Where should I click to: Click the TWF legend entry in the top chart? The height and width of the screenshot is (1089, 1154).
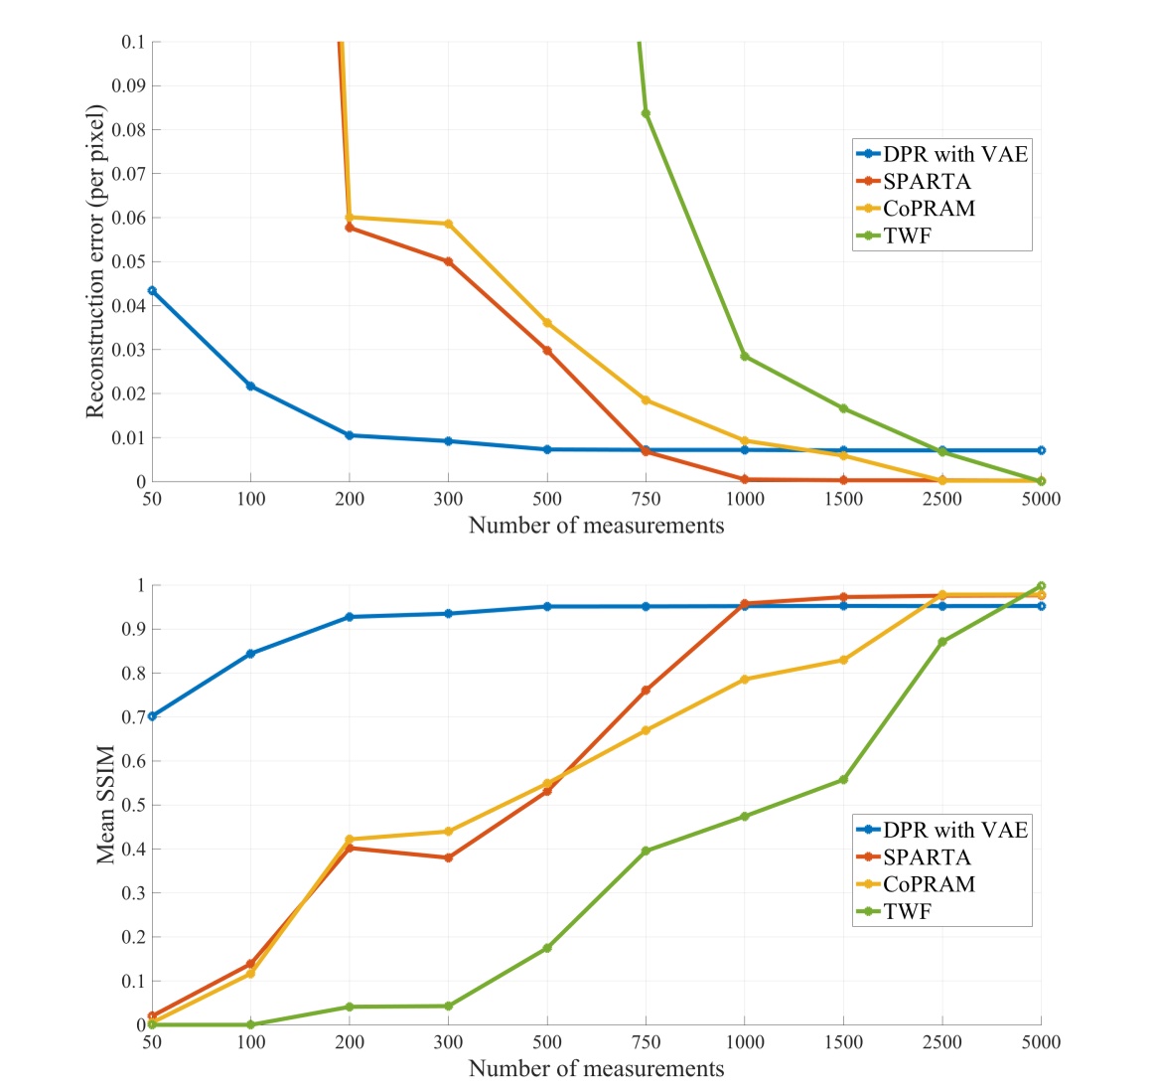click(x=907, y=235)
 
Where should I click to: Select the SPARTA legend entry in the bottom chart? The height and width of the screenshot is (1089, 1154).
click(x=926, y=856)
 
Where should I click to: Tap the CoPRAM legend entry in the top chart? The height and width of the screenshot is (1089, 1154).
click(x=929, y=209)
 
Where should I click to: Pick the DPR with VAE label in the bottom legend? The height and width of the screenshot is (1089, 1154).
click(x=954, y=830)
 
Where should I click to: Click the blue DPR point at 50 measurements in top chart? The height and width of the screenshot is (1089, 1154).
click(x=152, y=290)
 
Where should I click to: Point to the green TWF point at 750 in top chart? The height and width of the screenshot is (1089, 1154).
click(x=646, y=113)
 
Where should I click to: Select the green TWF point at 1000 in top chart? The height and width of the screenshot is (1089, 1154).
click(x=744, y=356)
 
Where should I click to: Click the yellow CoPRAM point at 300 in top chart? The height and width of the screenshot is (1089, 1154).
click(x=448, y=225)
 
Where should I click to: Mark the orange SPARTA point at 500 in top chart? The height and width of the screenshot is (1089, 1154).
click(x=547, y=350)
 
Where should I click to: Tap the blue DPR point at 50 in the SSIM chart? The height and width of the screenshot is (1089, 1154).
click(x=152, y=716)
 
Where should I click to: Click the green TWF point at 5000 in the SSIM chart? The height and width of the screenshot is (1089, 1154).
click(x=1041, y=586)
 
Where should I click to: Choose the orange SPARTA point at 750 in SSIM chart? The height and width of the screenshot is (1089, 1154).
click(x=646, y=690)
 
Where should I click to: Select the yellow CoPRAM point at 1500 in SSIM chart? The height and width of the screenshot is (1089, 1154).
click(x=843, y=660)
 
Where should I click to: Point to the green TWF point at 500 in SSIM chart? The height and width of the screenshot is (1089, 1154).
click(x=547, y=948)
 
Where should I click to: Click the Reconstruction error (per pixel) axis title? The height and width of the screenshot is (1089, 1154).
click(x=95, y=261)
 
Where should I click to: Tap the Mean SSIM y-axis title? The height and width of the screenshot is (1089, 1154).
click(x=105, y=805)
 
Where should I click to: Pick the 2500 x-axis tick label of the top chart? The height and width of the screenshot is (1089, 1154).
click(x=941, y=499)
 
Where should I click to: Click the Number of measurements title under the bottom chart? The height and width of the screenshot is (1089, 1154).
click(x=596, y=1069)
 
